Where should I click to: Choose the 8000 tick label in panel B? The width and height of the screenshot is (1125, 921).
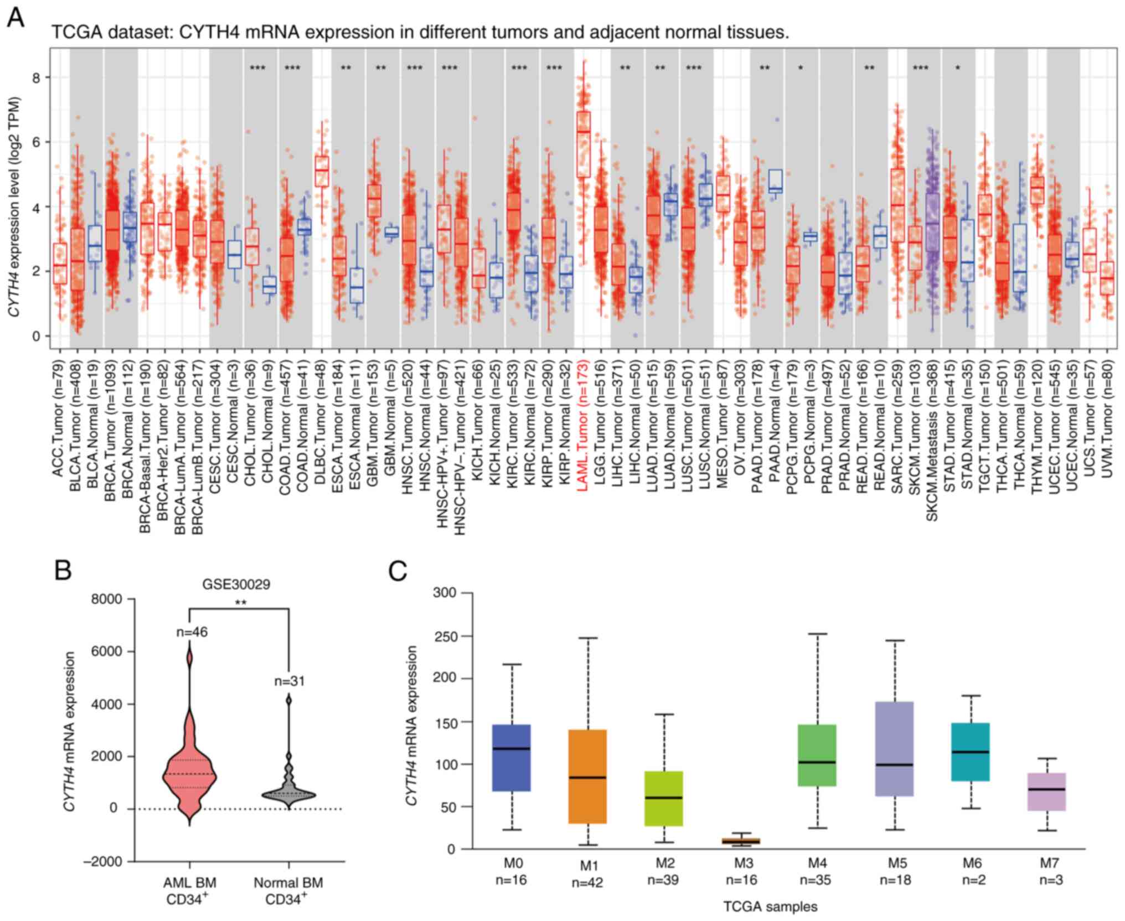[x=108, y=599]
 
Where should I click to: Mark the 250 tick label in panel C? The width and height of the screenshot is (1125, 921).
[x=444, y=637]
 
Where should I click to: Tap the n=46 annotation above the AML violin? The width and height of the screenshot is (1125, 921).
[x=192, y=632]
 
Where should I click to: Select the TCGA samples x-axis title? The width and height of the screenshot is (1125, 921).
[x=770, y=907]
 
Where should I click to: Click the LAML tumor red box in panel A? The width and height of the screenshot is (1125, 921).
[x=583, y=144]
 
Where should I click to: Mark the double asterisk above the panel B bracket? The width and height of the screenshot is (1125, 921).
[x=240, y=603]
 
